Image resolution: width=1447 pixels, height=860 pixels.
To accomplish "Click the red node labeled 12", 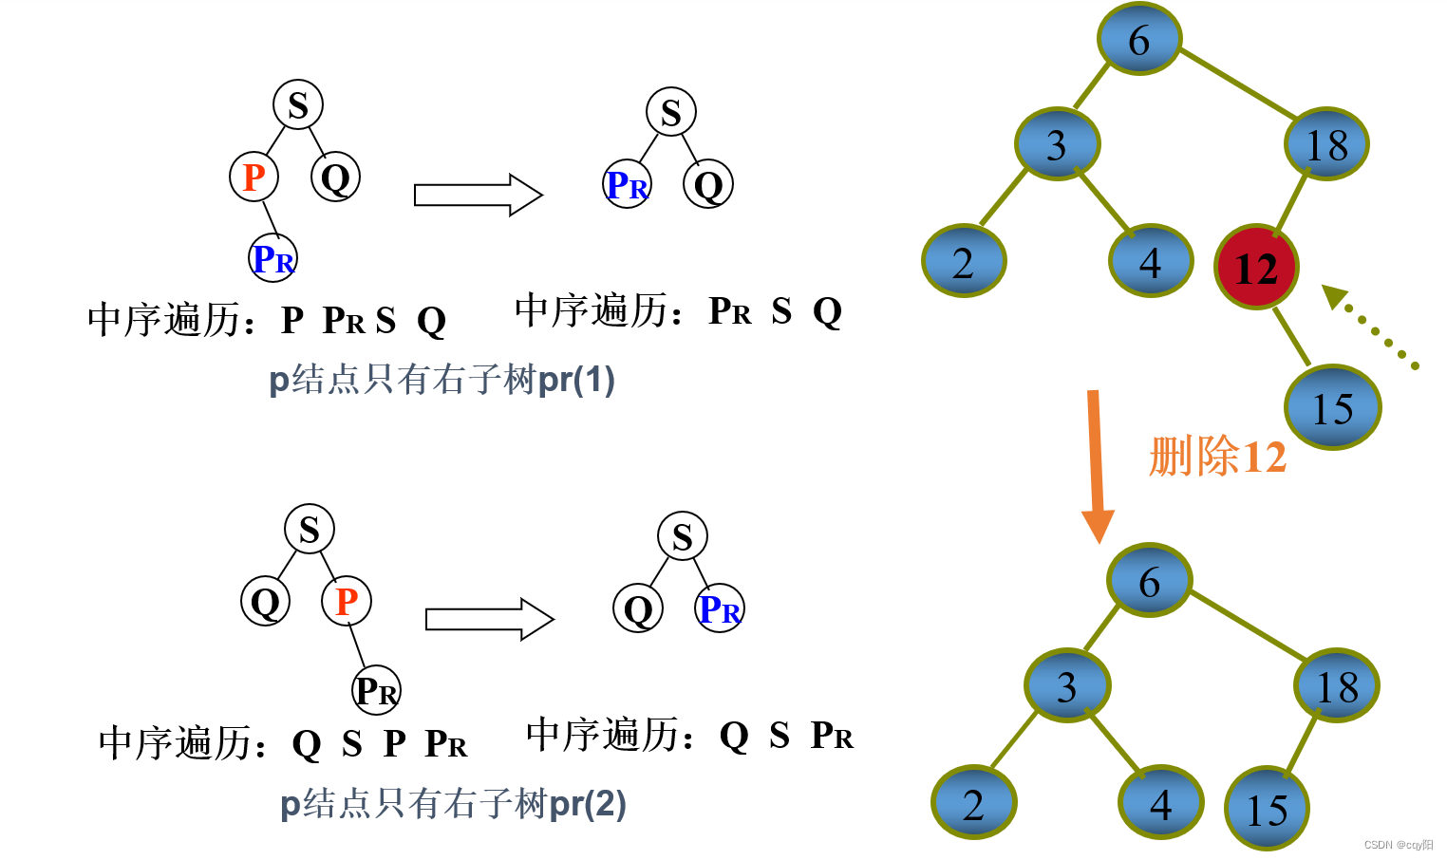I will [x=1255, y=268].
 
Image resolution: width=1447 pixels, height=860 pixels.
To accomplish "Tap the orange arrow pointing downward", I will [x=1096, y=465].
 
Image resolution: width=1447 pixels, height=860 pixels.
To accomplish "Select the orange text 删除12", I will [x=1217, y=457].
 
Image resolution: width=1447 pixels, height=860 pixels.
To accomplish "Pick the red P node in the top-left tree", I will [x=254, y=177].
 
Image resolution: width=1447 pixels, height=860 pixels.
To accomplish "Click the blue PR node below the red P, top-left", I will [x=273, y=258].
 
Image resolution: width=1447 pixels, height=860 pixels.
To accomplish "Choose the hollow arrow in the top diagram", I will [x=478, y=195].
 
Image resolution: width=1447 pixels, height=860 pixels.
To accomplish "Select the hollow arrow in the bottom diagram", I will [x=489, y=619].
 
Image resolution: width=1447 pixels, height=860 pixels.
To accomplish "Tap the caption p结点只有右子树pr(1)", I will [x=442, y=380].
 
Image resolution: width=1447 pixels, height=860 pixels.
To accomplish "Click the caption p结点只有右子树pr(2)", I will [x=453, y=804].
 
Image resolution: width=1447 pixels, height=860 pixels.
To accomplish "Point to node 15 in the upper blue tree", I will [x=1332, y=408].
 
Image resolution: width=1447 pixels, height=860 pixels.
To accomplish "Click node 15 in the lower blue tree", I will [x=1267, y=810].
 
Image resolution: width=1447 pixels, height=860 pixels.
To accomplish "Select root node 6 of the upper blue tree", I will [x=1138, y=40].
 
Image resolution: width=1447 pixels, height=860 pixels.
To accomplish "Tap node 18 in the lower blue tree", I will [x=1337, y=686].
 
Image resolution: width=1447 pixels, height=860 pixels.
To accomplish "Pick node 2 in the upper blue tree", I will [x=963, y=262].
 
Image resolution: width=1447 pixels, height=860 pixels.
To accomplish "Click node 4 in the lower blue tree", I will [x=1160, y=805].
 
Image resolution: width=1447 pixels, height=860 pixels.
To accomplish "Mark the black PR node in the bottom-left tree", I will [x=376, y=690].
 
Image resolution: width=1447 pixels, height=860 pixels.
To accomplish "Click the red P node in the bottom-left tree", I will [x=347, y=601].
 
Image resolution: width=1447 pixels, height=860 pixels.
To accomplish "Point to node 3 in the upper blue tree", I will [x=1057, y=144].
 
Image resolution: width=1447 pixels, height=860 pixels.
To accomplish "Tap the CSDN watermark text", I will [x=1398, y=845].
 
